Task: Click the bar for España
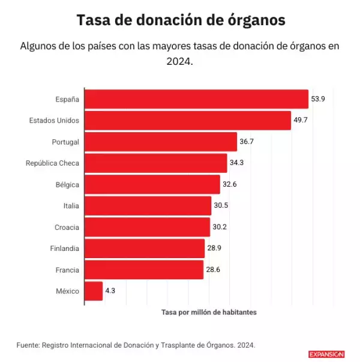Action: [x=196, y=99]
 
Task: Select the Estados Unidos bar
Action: [x=188, y=121]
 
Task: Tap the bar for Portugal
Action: [x=161, y=142]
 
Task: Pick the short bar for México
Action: [x=94, y=291]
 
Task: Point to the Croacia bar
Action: [x=147, y=227]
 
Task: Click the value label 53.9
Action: [x=318, y=99]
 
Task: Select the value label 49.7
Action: [x=301, y=121]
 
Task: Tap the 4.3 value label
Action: [x=111, y=291]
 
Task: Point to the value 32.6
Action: [x=230, y=184]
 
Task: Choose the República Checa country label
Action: [x=52, y=163]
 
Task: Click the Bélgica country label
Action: [x=67, y=184]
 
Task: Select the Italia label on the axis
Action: [x=71, y=206]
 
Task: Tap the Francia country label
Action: [x=67, y=270]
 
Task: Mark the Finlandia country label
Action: [x=64, y=249]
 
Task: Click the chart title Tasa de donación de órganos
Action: [x=180, y=20]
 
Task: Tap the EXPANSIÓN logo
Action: [x=326, y=354]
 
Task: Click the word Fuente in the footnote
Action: [x=28, y=345]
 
